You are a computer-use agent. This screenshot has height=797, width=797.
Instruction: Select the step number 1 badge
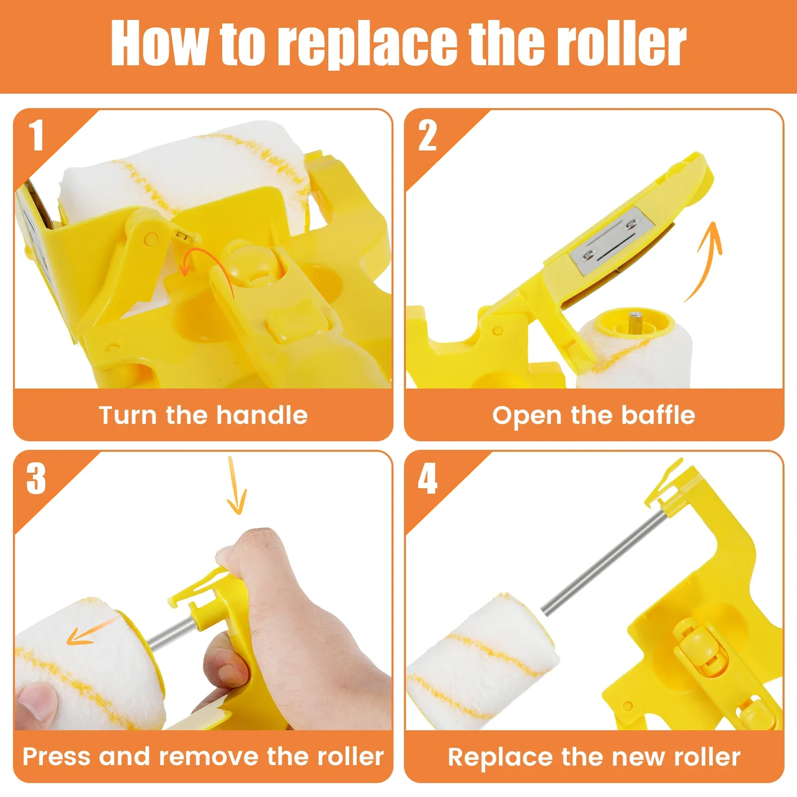point(36,135)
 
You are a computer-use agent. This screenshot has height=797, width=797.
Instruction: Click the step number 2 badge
point(427,135)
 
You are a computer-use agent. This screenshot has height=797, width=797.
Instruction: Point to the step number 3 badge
point(36,478)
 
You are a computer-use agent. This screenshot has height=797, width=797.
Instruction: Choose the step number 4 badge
point(427,478)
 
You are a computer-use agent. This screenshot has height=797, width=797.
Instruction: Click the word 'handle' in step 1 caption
point(262,415)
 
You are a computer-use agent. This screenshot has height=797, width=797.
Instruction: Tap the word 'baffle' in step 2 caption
point(658,415)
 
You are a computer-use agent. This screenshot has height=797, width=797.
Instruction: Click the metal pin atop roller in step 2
point(634,318)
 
